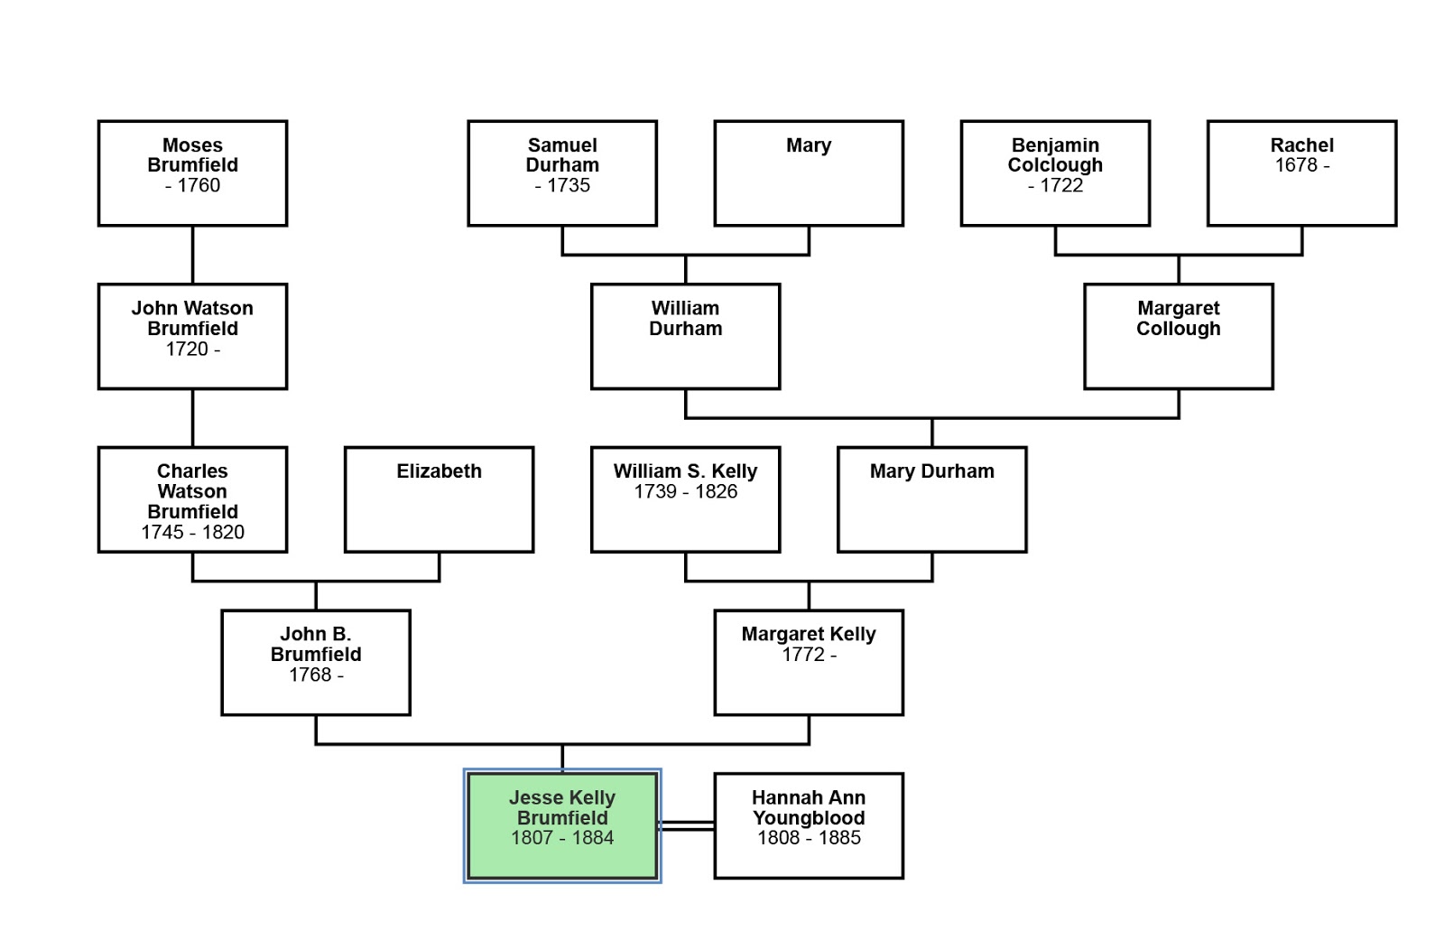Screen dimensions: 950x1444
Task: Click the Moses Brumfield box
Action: point(192,173)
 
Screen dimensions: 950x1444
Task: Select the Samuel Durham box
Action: point(562,173)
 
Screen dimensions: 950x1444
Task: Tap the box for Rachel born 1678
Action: point(1301,173)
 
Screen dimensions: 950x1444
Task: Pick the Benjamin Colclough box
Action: point(1055,173)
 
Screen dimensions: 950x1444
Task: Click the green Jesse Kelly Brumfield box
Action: point(562,825)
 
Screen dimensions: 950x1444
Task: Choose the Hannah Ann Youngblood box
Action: point(809,825)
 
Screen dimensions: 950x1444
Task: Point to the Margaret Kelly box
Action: point(809,663)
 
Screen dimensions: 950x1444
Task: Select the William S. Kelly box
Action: point(685,499)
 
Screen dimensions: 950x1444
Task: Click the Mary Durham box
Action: point(931,499)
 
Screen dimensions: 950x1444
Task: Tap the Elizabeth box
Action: point(439,499)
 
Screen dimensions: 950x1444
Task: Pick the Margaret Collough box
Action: point(1178,337)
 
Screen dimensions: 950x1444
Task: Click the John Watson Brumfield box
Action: point(192,337)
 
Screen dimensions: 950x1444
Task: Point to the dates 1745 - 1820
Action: point(192,532)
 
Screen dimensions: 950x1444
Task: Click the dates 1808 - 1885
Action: point(809,838)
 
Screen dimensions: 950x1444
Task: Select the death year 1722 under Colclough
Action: point(1061,186)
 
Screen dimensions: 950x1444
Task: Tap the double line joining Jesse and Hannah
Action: point(687,825)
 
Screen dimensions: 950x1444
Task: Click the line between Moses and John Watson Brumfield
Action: point(192,255)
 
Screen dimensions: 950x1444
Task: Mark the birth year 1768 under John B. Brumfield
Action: point(310,675)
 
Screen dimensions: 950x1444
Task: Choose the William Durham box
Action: point(685,337)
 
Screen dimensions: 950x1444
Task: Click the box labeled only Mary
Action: point(809,173)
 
